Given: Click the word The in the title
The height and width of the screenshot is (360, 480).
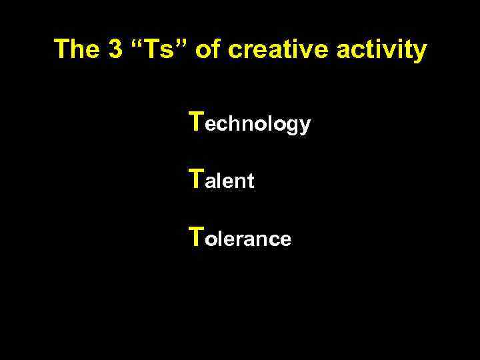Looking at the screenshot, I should (75, 49).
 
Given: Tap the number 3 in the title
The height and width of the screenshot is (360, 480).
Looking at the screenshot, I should (113, 49).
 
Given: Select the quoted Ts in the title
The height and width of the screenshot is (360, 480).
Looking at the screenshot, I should (157, 49).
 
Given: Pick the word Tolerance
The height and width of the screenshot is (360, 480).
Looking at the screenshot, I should (240, 237).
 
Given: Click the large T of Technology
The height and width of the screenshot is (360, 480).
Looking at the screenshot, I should (197, 121).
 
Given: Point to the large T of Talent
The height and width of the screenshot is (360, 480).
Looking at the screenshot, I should (197, 178).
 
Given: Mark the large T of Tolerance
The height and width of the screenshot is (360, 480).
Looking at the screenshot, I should (197, 235).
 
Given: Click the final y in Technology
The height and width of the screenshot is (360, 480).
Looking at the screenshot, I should (304, 127).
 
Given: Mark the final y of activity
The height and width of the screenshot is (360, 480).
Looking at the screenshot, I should (418, 52).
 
